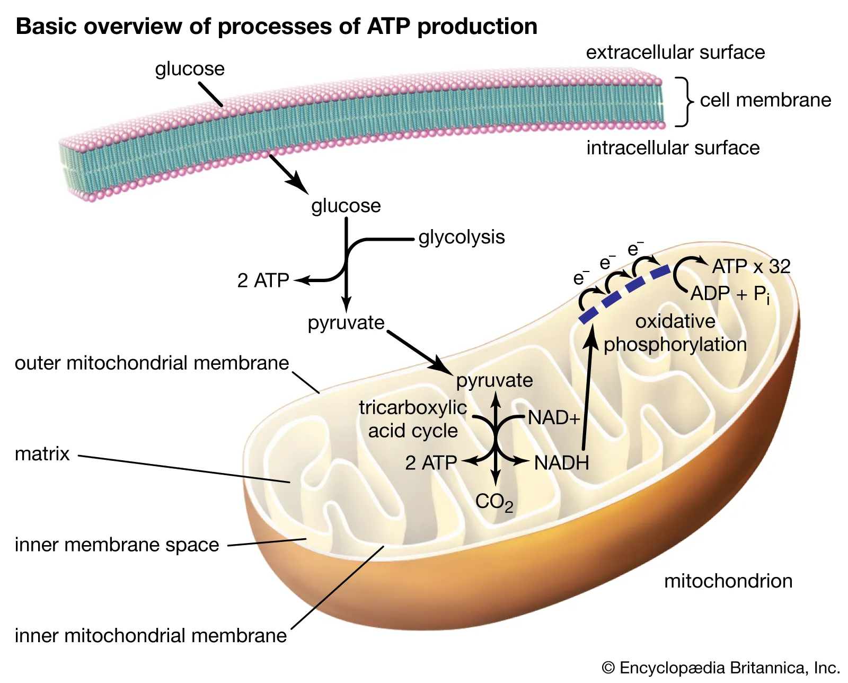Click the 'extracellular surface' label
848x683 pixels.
pos(675,52)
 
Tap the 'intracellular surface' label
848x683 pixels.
pos(673,147)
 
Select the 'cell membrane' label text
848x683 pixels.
pos(765,100)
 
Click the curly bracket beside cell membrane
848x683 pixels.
pos(685,101)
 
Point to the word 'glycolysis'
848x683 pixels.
pos(461,237)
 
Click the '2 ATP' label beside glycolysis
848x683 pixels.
pos(263,281)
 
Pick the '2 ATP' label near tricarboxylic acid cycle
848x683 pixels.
pos(431,463)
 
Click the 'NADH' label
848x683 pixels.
pos(561,463)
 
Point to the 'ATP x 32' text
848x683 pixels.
pos(751,266)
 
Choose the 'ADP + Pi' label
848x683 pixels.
pos(730,294)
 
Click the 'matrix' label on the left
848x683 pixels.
pos(42,454)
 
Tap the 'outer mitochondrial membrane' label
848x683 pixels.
pos(152,363)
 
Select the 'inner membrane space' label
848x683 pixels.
pos(117,545)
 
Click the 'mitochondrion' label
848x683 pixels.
pos(728,581)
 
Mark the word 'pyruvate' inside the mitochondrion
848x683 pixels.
pos(494,380)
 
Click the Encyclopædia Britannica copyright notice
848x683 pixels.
pos(721,668)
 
